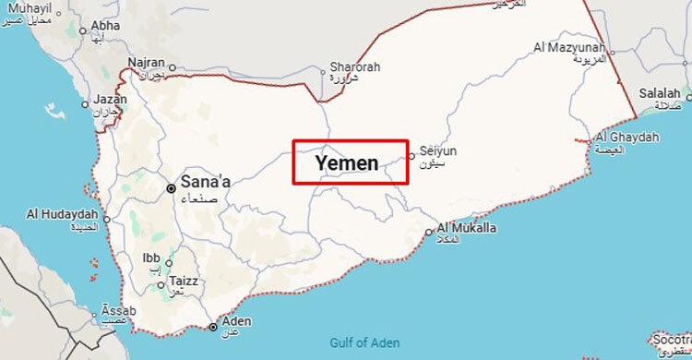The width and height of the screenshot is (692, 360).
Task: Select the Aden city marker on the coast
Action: click(x=213, y=327)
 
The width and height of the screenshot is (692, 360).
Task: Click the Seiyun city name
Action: click(x=438, y=150)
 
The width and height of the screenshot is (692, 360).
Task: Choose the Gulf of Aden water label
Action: click(x=364, y=343)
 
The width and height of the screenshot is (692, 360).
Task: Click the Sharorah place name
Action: click(x=354, y=67)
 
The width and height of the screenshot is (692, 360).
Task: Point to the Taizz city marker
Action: click(x=161, y=285)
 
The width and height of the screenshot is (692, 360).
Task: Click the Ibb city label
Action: click(x=151, y=258)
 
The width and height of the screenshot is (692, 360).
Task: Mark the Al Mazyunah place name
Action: click(x=569, y=47)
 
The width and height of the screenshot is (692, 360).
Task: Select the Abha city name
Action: click(x=105, y=26)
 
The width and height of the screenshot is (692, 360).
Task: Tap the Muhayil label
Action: click(x=28, y=11)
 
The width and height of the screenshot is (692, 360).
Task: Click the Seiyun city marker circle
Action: click(x=412, y=155)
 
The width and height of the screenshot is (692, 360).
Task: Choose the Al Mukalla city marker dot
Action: click(x=429, y=233)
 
